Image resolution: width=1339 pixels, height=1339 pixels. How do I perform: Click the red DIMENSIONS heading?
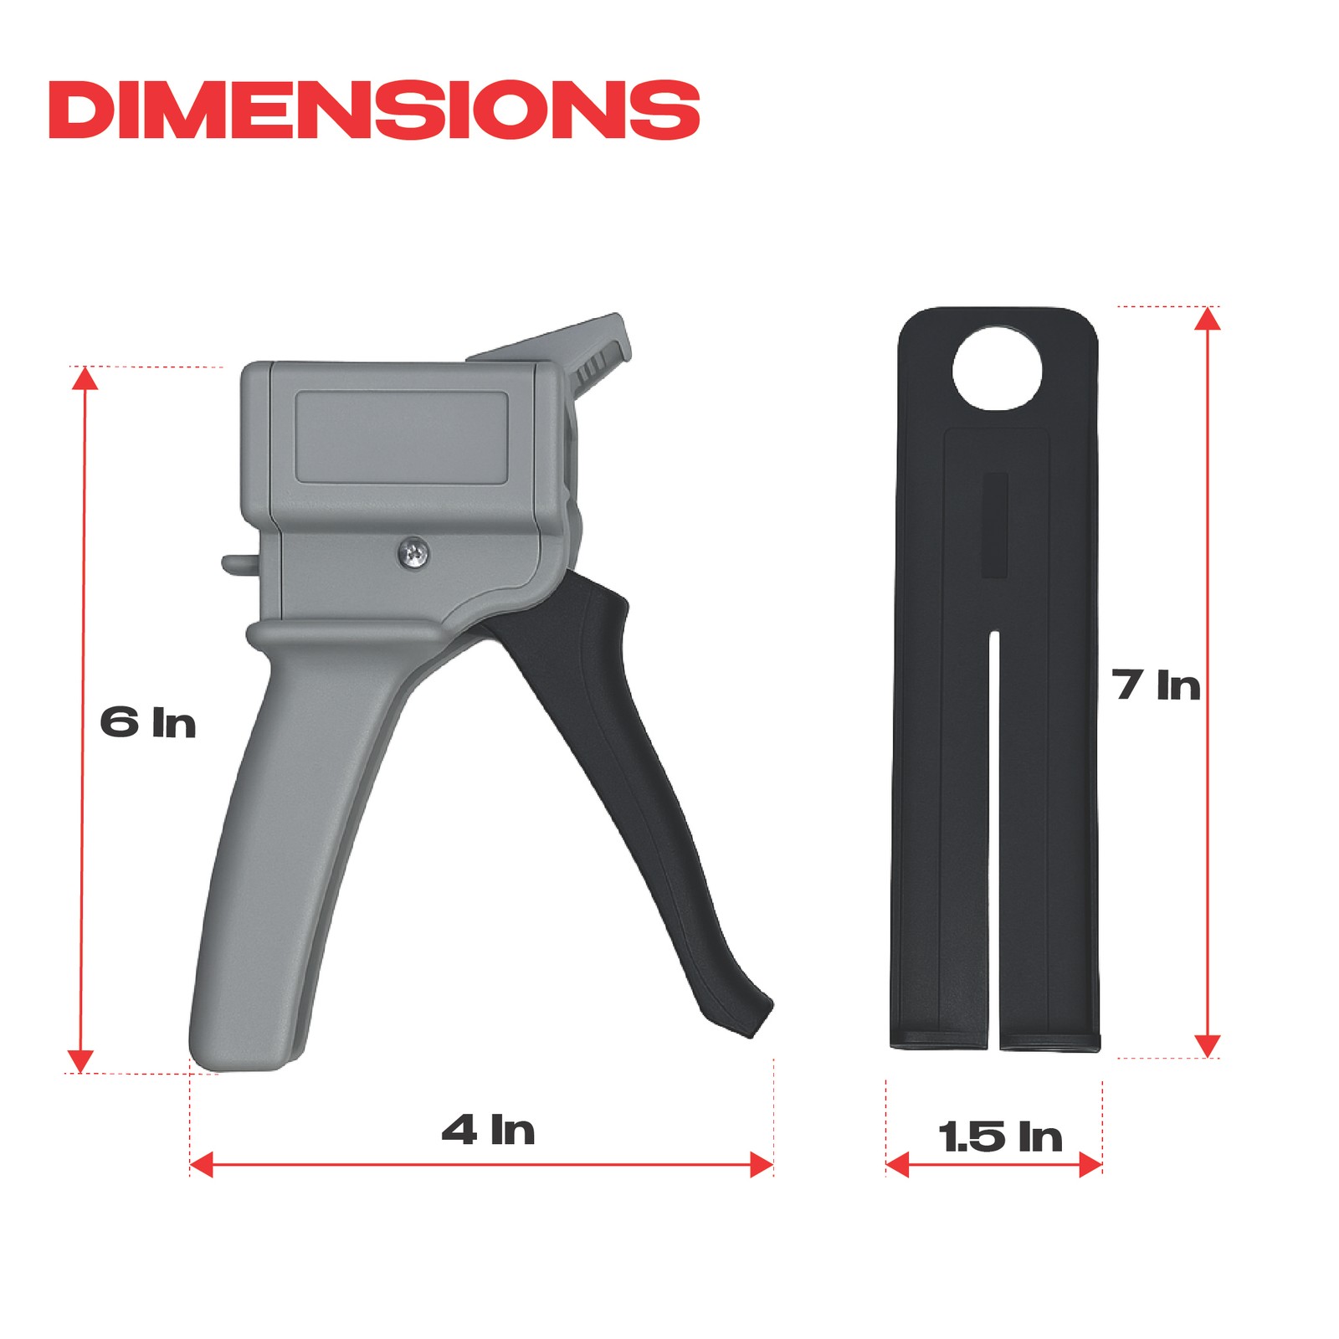[x=373, y=110]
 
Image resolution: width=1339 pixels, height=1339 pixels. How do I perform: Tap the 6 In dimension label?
[x=147, y=722]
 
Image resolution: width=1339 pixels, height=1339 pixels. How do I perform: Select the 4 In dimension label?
[x=488, y=1130]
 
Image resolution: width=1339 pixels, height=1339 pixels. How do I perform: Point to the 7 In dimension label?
[x=1157, y=685]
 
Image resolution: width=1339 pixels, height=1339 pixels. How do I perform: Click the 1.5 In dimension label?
[x=1000, y=1136]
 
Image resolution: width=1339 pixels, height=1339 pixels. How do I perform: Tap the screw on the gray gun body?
[x=413, y=551]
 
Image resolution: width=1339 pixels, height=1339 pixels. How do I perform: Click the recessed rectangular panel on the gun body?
[x=402, y=437]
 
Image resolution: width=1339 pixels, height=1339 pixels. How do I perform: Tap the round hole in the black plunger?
[x=998, y=369]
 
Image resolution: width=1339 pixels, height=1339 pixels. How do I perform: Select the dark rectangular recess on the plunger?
[x=996, y=525]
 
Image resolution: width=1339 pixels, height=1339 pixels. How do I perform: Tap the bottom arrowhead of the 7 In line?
[x=1207, y=1045]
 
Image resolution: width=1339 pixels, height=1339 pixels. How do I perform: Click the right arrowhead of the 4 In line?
[x=761, y=1164]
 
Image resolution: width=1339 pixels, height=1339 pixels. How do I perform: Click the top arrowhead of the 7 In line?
[x=1207, y=319]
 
